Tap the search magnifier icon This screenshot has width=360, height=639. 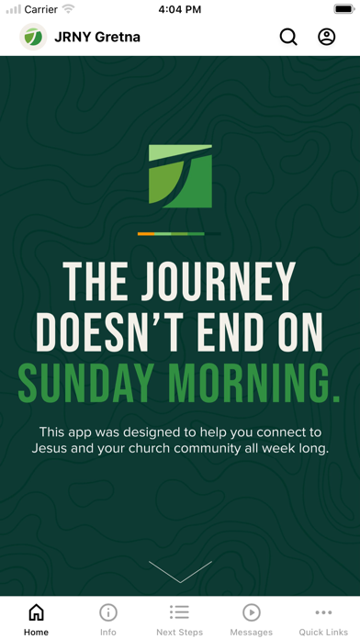point(288,37)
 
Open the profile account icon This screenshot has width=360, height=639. point(327,37)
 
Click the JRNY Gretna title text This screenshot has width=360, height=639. point(98,38)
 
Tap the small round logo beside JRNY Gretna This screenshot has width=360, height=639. point(33,37)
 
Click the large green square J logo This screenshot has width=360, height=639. point(180,175)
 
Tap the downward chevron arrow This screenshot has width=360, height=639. point(180,571)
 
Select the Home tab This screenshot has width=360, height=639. point(36,620)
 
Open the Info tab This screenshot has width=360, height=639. point(108,620)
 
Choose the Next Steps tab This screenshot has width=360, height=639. point(180,620)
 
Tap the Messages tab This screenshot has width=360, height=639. point(252,620)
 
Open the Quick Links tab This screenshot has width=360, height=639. point(323,620)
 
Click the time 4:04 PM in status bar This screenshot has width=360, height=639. point(180,9)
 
